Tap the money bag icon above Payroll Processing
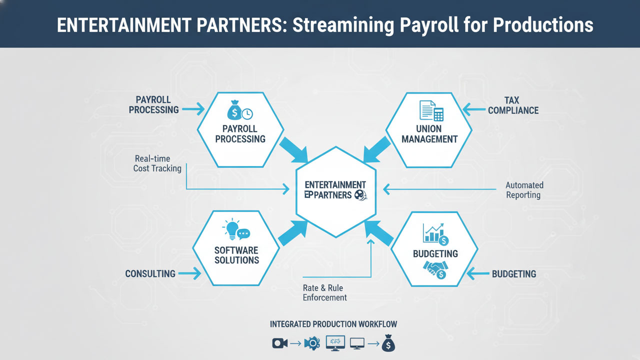click(235, 110)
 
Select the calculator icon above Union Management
click(438, 113)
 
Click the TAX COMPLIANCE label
click(513, 105)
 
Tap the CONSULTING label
click(150, 273)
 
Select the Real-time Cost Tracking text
click(157, 163)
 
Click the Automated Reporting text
click(523, 190)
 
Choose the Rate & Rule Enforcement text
click(324, 292)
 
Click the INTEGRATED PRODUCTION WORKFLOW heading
click(333, 324)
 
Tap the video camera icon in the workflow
click(278, 343)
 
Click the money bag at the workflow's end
click(388, 343)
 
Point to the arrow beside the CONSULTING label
click(189, 273)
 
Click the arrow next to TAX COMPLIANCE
click(474, 107)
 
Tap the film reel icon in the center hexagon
click(360, 195)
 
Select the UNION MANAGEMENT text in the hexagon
click(429, 134)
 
